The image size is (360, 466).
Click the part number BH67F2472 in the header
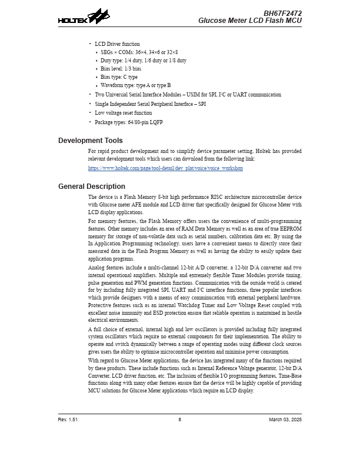(x=282, y=13)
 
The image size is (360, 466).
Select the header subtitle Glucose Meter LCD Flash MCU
(x=249, y=21)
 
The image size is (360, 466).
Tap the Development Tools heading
(x=91, y=141)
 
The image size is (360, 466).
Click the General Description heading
(x=92, y=187)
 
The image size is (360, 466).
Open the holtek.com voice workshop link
(x=165, y=168)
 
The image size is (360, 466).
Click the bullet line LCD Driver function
(x=117, y=44)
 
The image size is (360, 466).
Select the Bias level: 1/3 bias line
(x=121, y=69)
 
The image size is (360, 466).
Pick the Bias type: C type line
(x=119, y=77)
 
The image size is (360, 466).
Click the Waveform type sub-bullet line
(x=135, y=85)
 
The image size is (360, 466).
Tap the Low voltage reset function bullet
(x=123, y=113)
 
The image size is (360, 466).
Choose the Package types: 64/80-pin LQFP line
(x=128, y=122)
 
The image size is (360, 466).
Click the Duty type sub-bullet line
(x=143, y=61)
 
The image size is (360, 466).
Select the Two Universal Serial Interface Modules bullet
(x=188, y=95)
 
